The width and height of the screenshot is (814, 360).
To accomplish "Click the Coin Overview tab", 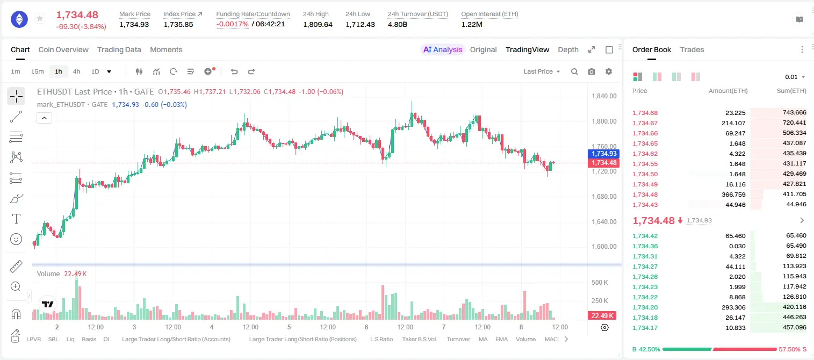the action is pos(63,49).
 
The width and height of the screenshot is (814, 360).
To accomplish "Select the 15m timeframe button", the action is pos(38,71).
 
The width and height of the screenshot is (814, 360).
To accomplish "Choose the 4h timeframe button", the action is pos(76,71).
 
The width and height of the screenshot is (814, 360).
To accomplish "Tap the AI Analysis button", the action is pos(442,49).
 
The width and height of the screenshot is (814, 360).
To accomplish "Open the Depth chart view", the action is pos(568,49).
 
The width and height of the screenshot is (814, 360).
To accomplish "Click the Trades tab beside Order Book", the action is pos(692,49).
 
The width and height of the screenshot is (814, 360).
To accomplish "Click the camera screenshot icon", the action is pos(592,71).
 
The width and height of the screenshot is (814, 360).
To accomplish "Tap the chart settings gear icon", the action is pos(609,71).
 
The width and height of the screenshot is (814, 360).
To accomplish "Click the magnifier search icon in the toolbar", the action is pos(574,71).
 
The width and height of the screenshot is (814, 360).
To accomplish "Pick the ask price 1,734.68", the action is pos(645,113).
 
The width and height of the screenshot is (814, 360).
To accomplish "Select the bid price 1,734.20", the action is pos(645,307).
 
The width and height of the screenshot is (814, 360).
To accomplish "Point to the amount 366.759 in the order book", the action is pos(733,195).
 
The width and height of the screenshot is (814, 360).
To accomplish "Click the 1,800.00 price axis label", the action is pos(604,121).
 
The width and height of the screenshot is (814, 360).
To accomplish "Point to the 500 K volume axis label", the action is pos(600,283).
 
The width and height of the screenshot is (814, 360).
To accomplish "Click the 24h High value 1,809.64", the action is pos(318,24).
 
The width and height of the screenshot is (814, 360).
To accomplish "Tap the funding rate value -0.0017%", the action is pos(232,24).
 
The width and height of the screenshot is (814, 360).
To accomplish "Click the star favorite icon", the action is pos(40,18).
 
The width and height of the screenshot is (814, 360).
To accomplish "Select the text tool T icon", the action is pos(16,219).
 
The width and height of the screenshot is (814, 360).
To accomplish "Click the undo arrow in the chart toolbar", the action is pos(234,71).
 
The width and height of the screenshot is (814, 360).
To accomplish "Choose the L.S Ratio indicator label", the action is pos(381,339).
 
